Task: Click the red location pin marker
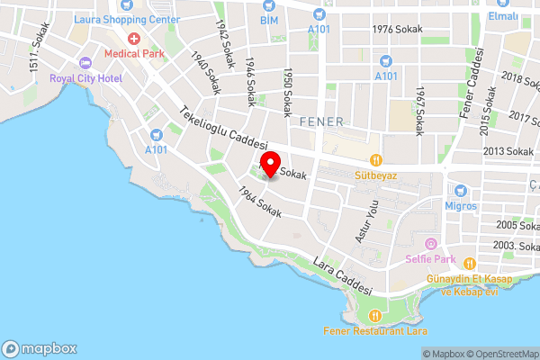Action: (269, 161)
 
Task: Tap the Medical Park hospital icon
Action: (134, 39)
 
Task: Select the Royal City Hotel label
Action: (86, 76)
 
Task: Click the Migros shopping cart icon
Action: (460, 191)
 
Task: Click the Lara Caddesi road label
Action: (343, 277)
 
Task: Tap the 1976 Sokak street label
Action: (398, 29)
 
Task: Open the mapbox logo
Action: (40, 348)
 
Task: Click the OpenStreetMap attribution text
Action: (501, 354)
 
